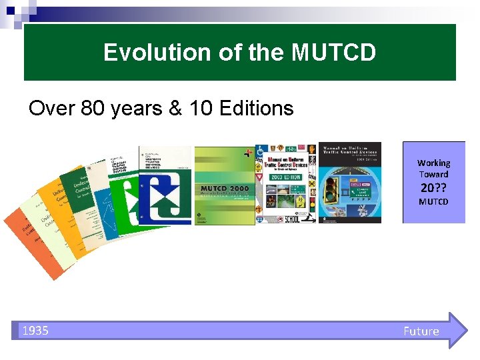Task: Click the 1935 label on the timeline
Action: [35, 331]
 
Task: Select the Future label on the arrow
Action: [421, 331]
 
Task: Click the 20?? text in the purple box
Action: [433, 187]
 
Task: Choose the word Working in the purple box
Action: [433, 163]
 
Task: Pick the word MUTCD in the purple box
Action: [433, 201]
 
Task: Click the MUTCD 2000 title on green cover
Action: [225, 189]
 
